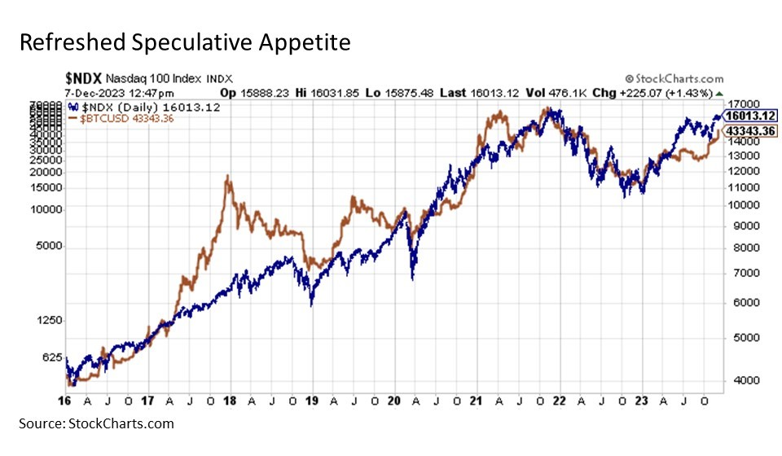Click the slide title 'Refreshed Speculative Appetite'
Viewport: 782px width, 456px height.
pyautogui.click(x=186, y=42)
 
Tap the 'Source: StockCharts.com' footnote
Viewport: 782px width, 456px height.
pyautogui.click(x=96, y=423)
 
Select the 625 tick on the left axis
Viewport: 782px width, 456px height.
pyautogui.click(x=52, y=357)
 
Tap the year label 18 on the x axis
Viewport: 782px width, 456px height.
pyautogui.click(x=229, y=401)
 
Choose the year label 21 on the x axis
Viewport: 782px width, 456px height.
pyautogui.click(x=476, y=401)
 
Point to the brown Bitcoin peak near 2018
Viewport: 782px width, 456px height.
pyautogui.click(x=228, y=177)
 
